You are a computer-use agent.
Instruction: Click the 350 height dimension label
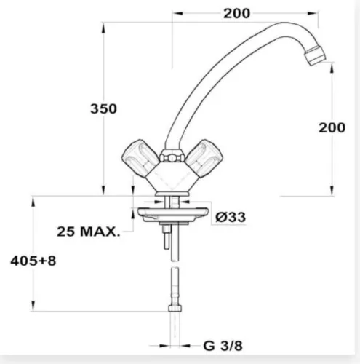103,108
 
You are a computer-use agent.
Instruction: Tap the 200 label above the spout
236,14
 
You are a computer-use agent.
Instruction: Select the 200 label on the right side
332,127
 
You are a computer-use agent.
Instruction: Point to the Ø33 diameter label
231,217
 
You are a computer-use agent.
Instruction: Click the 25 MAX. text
89,232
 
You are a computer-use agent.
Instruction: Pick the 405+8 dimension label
33,261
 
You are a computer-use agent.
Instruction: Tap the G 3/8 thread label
223,346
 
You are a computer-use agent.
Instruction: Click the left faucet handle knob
140,155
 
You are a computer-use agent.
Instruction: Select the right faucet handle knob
204,155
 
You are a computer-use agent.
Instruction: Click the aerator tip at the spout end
315,55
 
